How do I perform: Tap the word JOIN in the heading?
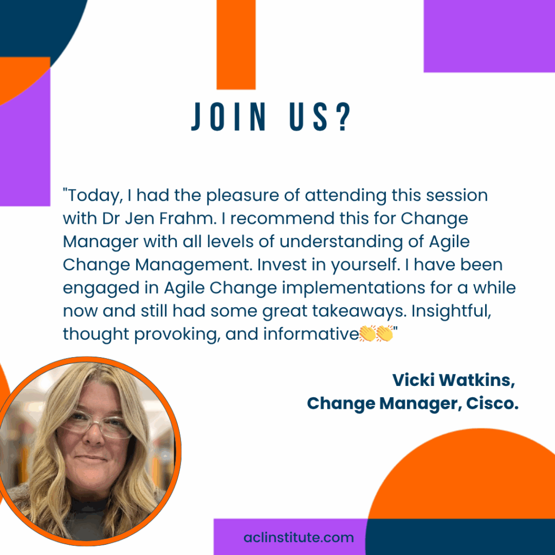(x=229, y=117)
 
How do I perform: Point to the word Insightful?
(x=451, y=311)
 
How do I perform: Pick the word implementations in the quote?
(x=353, y=288)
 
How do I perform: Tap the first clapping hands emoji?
(x=367, y=333)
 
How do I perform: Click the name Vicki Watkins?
(x=454, y=380)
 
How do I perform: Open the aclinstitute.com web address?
(x=299, y=537)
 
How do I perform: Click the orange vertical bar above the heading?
(x=236, y=44)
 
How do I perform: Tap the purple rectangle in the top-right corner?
(x=489, y=36)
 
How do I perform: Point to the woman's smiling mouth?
(x=91, y=459)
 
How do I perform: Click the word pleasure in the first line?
(x=243, y=196)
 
